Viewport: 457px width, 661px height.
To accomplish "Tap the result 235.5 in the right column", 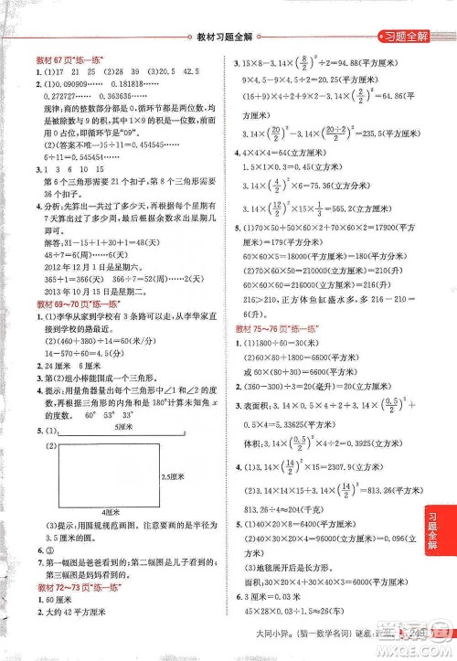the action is click(377, 131).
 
